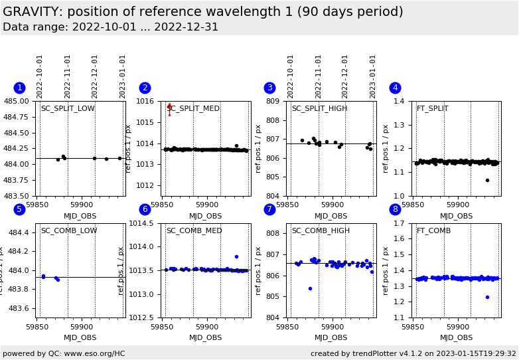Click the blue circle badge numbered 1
coord(19,88)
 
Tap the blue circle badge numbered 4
coord(395,88)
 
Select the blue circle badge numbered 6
coord(145,210)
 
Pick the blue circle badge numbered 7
coord(269,210)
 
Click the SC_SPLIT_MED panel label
coord(193,109)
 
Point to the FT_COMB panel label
coord(433,231)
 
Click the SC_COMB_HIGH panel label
coord(321,231)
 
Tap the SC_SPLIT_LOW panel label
coord(68,109)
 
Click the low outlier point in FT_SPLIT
coord(487,180)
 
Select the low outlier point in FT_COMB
coord(487,297)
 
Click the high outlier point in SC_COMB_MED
coord(236,256)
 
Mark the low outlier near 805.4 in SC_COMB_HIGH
coord(310,288)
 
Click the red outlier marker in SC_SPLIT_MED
coord(169,106)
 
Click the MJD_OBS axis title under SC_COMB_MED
coord(206,338)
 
